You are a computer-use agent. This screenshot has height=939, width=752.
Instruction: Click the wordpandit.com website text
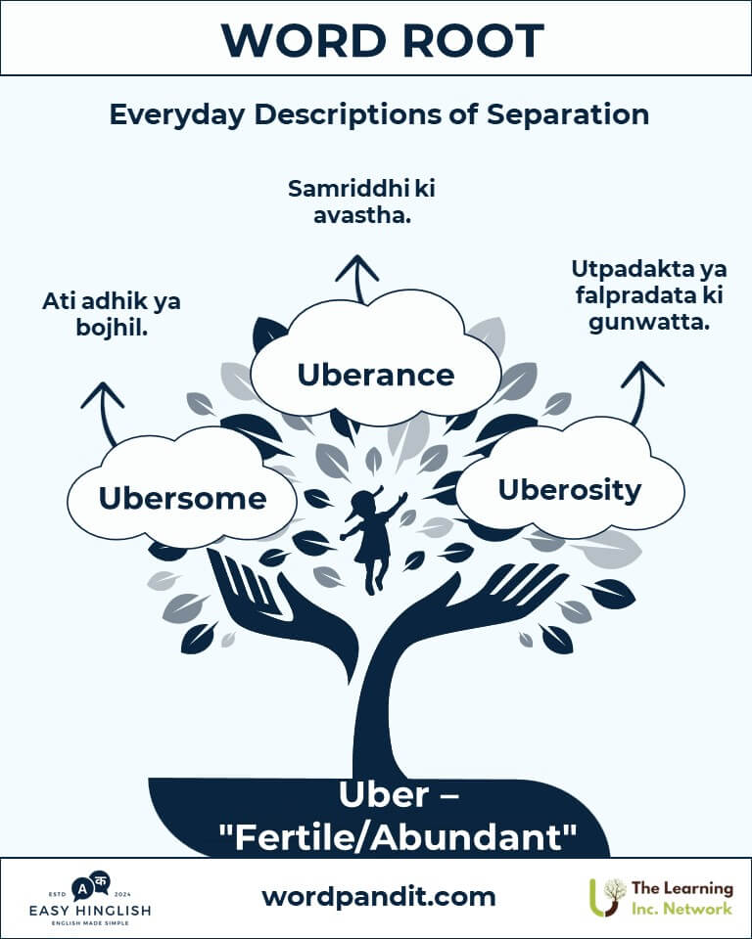pyautogui.click(x=378, y=896)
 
